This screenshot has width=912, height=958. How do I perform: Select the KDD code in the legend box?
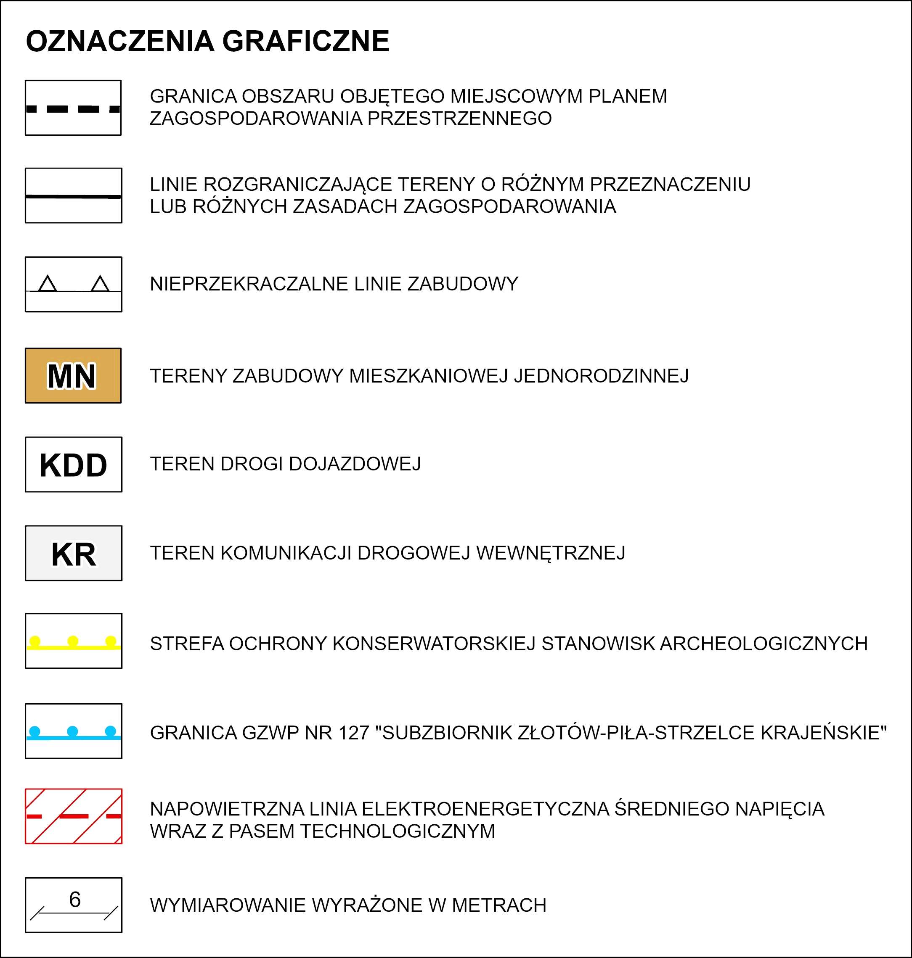[x=74, y=465]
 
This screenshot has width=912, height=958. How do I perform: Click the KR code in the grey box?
[x=74, y=554]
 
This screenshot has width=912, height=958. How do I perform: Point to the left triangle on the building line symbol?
[x=47, y=284]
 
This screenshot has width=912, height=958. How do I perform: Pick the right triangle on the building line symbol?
[x=100, y=284]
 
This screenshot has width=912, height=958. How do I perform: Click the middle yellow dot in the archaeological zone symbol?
[x=73, y=641]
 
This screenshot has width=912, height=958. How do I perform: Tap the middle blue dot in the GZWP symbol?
[x=72, y=731]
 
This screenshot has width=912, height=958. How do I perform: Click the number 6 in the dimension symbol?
[x=75, y=900]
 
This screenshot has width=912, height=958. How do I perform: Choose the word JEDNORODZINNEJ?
[x=602, y=376]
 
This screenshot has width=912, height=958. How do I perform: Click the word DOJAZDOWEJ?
[x=355, y=464]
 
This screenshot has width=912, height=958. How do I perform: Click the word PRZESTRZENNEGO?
[x=459, y=119]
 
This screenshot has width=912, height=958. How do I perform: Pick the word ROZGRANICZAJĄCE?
[x=297, y=185]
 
